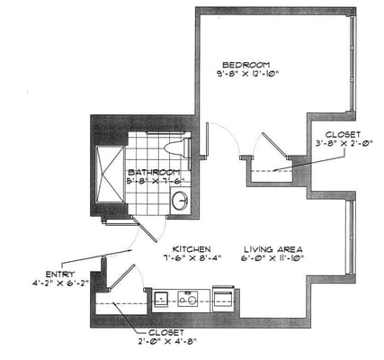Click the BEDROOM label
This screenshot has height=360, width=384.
point(246,66)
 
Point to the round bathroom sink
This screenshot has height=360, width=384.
point(179,200)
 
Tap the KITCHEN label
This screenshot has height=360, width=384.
point(192,247)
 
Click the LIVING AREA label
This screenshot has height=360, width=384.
point(272,247)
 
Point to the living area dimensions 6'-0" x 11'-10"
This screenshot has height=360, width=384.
point(272,258)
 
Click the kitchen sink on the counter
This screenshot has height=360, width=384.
point(162,299)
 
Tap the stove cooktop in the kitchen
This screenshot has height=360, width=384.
point(189,299)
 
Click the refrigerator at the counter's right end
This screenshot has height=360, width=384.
point(222,298)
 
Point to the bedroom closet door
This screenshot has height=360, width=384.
point(270,148)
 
